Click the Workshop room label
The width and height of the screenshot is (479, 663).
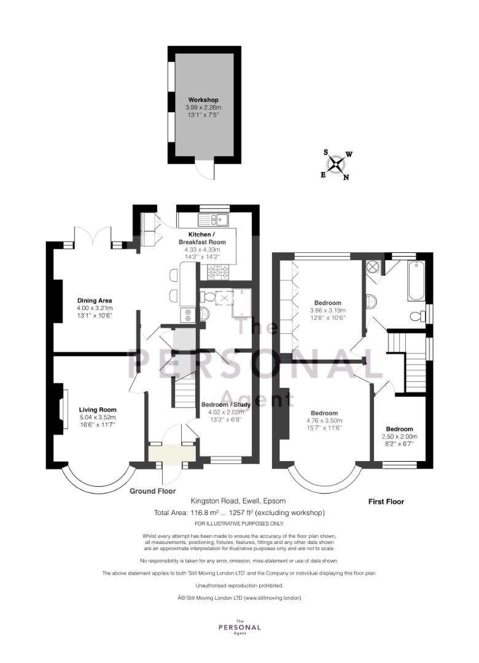tap(203, 100)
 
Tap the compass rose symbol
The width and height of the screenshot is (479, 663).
tap(337, 165)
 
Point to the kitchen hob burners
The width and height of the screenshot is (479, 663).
tap(217, 272)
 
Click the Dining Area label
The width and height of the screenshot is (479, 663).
tap(95, 301)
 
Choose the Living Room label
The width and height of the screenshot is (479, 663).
tap(97, 409)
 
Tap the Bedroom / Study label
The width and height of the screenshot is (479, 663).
tap(226, 404)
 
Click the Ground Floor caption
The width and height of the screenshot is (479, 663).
tap(152, 491)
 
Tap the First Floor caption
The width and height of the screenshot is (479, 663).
tap(386, 502)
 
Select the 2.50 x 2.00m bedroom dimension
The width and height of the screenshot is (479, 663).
tap(399, 436)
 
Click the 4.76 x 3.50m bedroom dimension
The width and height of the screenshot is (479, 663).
tap(324, 421)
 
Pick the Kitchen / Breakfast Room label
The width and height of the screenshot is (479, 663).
tap(202, 238)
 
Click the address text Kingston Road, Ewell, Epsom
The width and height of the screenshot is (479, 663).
tap(238, 501)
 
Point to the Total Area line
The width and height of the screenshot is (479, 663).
tap(240, 513)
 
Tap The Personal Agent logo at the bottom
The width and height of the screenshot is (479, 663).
tap(240, 627)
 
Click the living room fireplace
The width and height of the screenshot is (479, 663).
tap(61, 409)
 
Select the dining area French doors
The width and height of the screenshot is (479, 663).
tap(93, 236)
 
